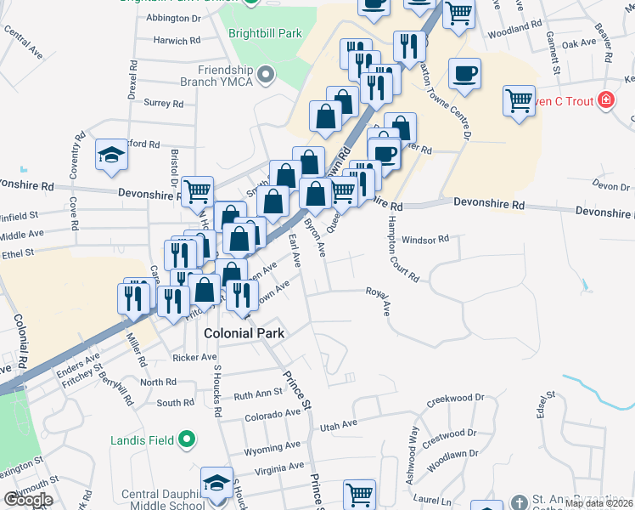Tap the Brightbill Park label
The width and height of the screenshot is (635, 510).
tap(266, 34)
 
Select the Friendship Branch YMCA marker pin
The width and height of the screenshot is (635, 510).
tap(267, 75)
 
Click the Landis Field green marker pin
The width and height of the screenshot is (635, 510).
tap(188, 440)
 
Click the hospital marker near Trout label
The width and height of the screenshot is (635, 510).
tap(605, 100)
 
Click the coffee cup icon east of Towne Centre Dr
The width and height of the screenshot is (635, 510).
tap(464, 73)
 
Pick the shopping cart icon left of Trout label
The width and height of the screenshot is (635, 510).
tap(518, 100)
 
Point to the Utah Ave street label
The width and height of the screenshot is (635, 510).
tap(338, 423)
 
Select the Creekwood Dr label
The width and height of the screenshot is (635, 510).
tap(455, 398)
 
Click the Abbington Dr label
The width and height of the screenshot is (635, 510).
tap(173, 17)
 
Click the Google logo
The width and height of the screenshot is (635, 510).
tap(28, 500)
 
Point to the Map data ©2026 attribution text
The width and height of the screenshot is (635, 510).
tap(598, 503)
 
